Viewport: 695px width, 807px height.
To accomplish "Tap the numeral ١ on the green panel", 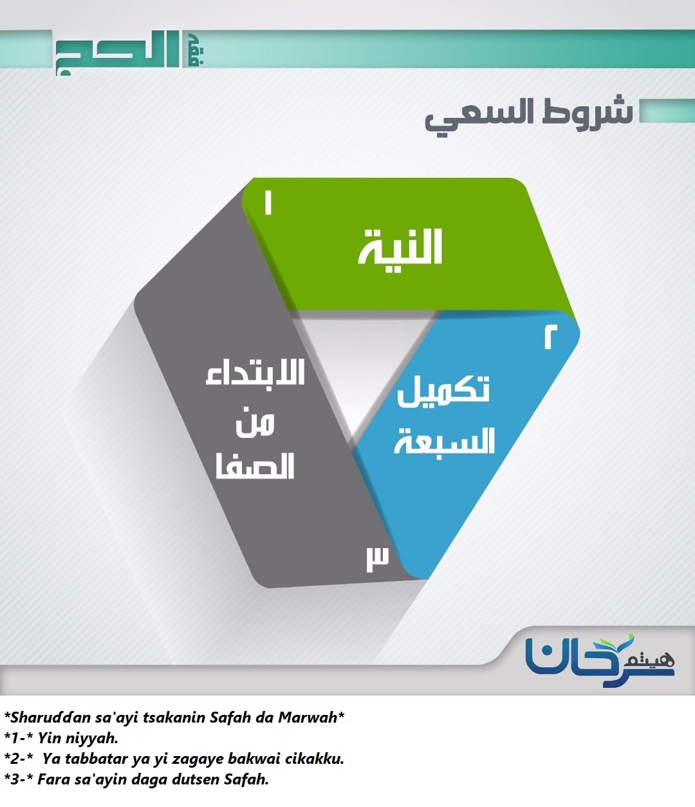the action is (268, 202).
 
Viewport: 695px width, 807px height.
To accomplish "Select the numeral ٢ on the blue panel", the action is (551, 337).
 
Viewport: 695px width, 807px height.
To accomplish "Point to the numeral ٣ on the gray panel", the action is (378, 558).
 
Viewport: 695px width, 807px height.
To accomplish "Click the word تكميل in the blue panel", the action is (443, 391).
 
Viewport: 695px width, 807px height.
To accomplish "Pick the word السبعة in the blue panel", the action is (444, 441).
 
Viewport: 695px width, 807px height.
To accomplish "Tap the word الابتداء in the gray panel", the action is (255, 373).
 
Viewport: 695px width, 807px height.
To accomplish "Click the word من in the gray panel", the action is (255, 423).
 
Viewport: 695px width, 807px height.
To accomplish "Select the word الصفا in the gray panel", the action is (255, 466).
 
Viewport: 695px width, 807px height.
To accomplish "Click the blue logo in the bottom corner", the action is (600, 661).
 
